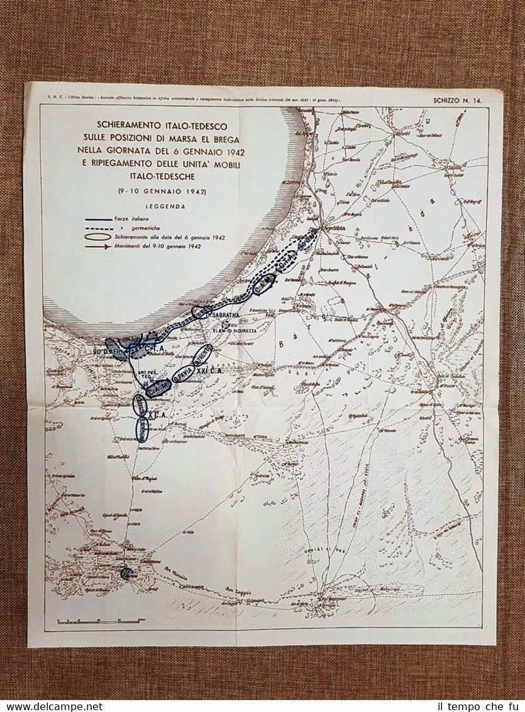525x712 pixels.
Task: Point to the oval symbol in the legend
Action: click(99, 237)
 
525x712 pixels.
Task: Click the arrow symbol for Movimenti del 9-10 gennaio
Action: click(99, 247)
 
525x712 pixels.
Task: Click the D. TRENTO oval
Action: click(202, 354)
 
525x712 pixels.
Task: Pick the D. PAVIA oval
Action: click(183, 373)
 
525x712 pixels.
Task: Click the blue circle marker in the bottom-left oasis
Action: click(126, 573)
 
